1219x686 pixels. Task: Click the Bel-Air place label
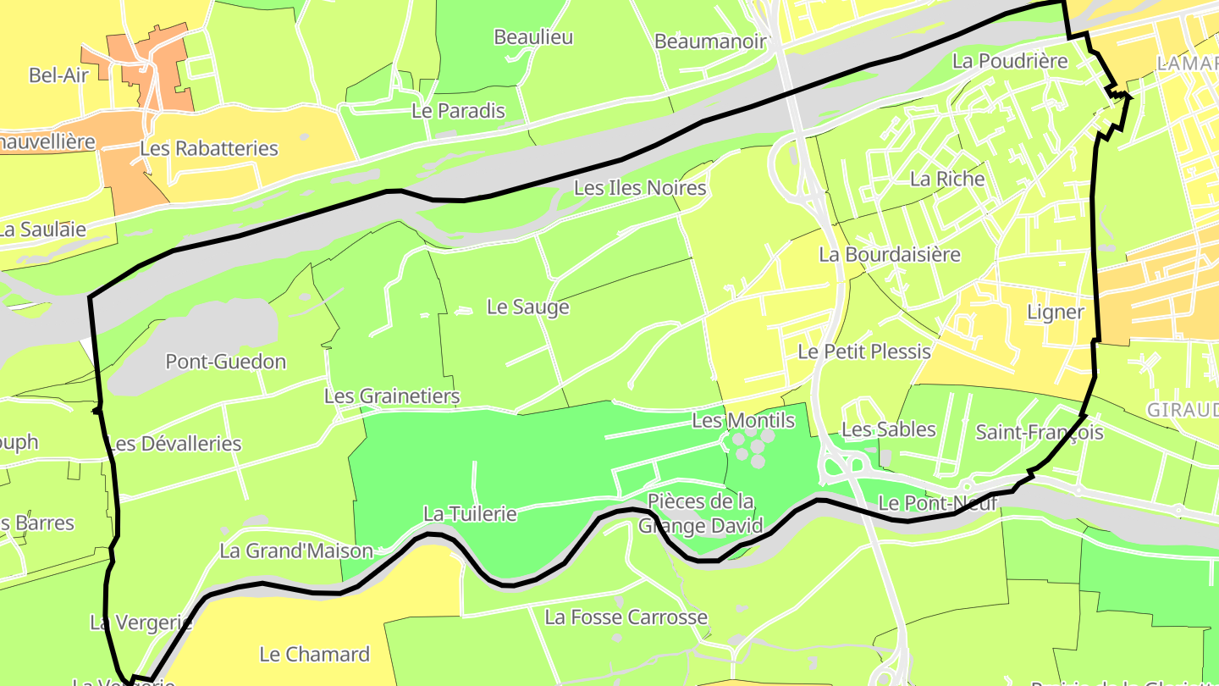point(58,75)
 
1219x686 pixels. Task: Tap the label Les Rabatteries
point(208,148)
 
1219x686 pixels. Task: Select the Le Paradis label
point(458,111)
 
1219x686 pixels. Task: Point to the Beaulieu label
point(533,37)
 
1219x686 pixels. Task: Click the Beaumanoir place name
point(710,41)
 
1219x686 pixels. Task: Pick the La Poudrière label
point(1010,61)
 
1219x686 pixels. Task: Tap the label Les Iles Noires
point(640,188)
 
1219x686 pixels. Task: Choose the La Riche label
point(947,179)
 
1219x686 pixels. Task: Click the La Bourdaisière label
point(890,254)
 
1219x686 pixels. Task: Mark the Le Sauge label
point(528,307)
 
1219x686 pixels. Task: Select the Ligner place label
point(1055,313)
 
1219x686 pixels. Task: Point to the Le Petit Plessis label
point(864,351)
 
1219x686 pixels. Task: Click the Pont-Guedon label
point(225,362)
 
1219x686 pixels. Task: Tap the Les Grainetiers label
point(392,396)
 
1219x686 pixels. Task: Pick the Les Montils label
point(743,421)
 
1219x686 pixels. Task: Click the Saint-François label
point(1040,433)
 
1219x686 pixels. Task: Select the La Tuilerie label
point(470,514)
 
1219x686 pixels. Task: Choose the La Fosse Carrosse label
point(626,617)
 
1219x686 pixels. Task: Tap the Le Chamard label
point(314,655)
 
